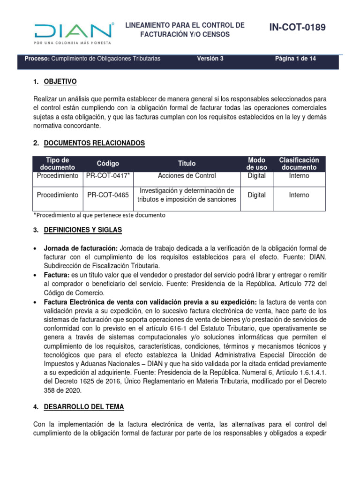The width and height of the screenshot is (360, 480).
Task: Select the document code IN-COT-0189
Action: click(x=297, y=28)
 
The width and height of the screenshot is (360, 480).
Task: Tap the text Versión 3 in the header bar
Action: click(x=210, y=59)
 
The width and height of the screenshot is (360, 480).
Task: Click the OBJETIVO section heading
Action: click(x=60, y=82)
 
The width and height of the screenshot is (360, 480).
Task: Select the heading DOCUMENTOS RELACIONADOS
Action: click(x=94, y=143)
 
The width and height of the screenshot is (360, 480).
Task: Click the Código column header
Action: click(x=108, y=164)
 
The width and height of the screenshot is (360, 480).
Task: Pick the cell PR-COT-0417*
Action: click(x=108, y=176)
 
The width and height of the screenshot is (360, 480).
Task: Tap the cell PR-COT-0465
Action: click(x=108, y=195)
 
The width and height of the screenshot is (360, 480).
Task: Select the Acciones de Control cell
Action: click(x=187, y=176)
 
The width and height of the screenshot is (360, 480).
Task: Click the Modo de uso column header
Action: click(x=256, y=164)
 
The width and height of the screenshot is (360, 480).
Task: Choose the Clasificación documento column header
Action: click(x=299, y=164)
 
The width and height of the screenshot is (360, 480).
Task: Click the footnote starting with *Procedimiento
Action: click(x=99, y=215)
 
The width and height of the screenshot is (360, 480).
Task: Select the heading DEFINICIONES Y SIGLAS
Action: click(x=82, y=230)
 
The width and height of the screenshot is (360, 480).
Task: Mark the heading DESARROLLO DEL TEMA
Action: click(x=83, y=406)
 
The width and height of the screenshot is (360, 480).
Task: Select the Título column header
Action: click(x=187, y=164)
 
